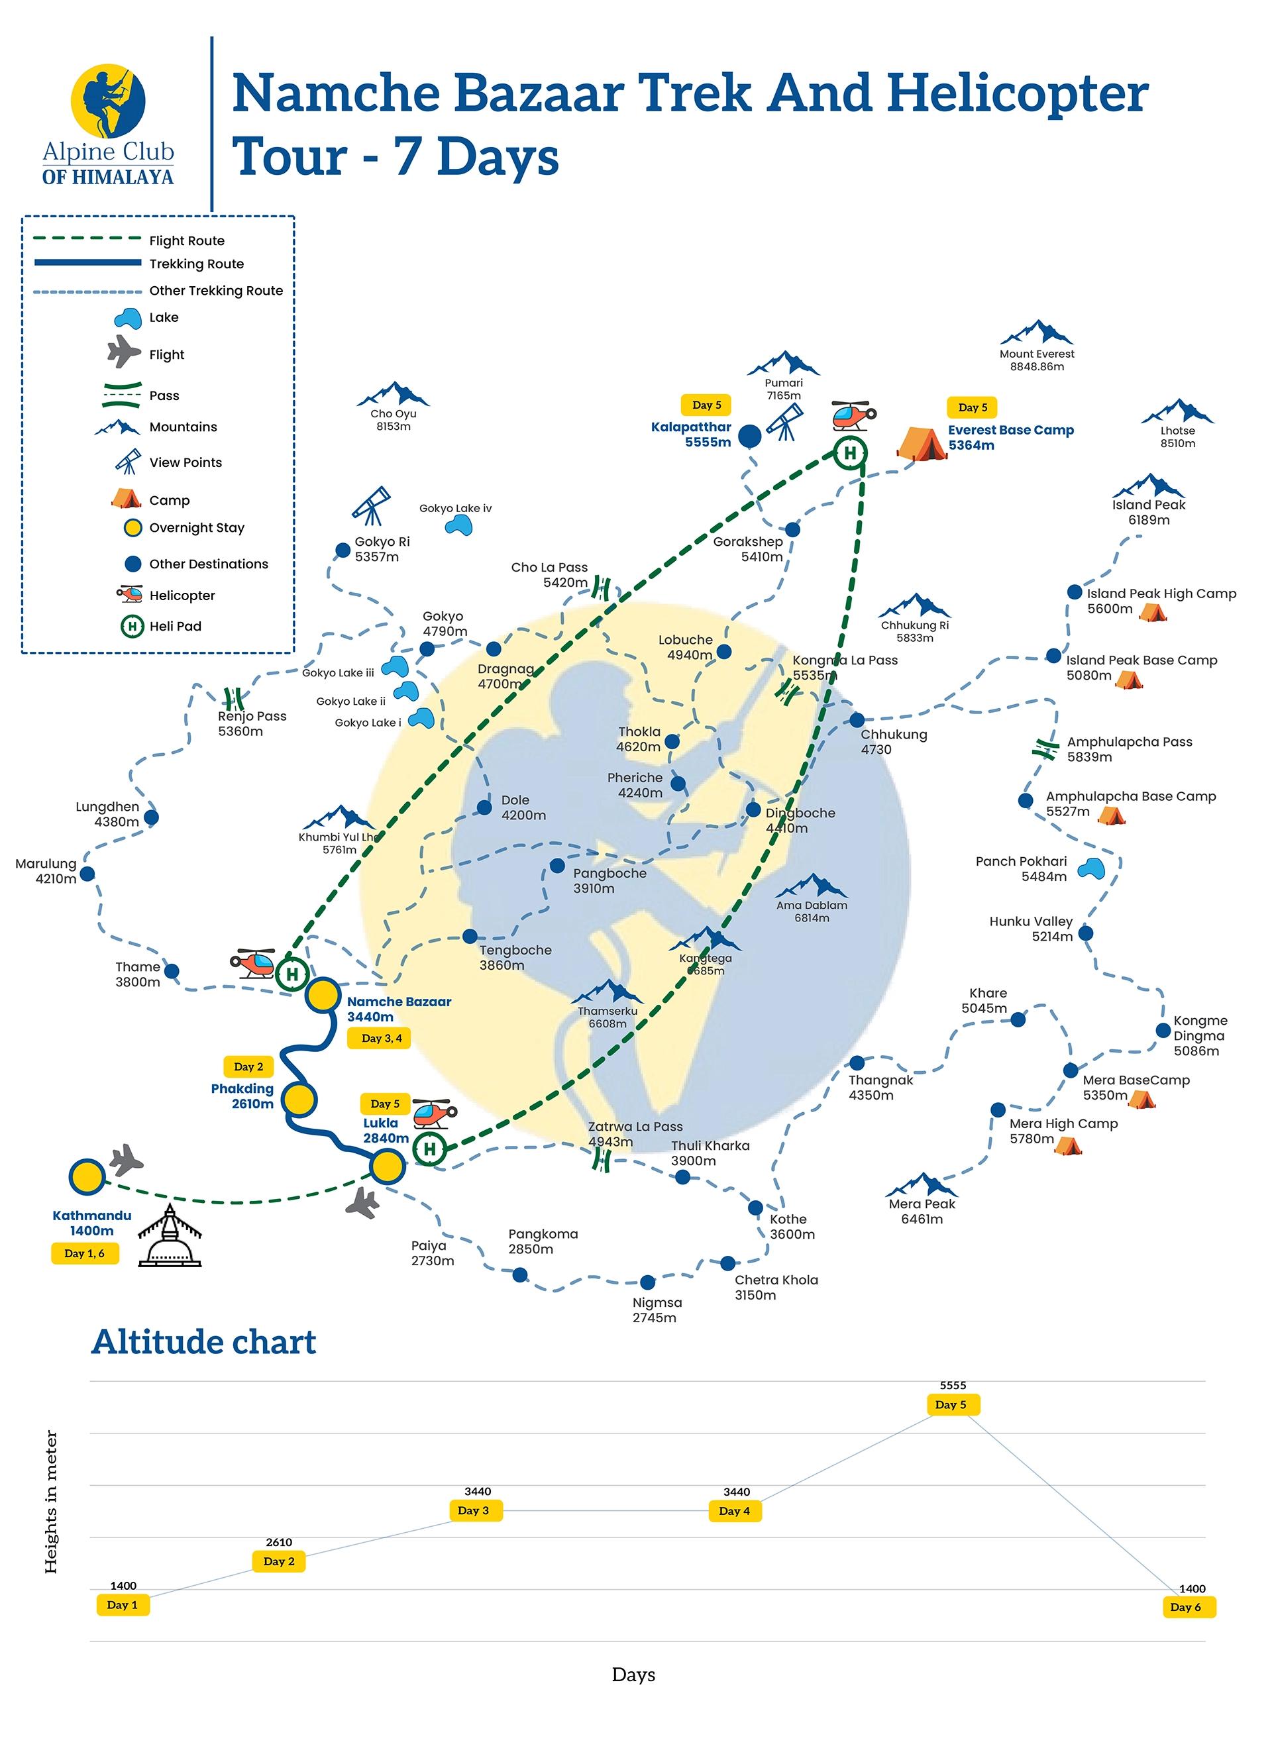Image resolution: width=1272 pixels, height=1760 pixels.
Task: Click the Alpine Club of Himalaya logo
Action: (x=108, y=124)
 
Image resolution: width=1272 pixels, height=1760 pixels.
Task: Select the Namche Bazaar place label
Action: (x=399, y=1002)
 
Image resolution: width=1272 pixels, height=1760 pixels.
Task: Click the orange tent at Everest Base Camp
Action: (x=922, y=443)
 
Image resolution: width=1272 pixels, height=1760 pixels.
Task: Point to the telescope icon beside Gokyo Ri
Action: (x=370, y=504)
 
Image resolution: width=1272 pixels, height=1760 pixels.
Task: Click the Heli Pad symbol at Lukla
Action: (x=429, y=1149)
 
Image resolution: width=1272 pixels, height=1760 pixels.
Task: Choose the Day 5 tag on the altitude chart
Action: (x=951, y=1404)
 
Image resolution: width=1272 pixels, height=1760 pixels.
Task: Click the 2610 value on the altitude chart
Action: (x=279, y=1542)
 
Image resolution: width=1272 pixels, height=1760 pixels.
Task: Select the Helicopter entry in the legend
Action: (x=182, y=595)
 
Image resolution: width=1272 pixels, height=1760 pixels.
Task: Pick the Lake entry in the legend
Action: (x=163, y=317)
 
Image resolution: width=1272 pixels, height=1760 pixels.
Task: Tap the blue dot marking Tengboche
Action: (x=470, y=937)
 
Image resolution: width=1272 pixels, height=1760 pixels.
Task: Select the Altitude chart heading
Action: (x=204, y=1343)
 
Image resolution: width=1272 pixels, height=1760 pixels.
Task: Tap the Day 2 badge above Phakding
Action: (x=248, y=1067)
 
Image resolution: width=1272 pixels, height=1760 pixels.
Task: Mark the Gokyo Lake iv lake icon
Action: (x=458, y=526)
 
